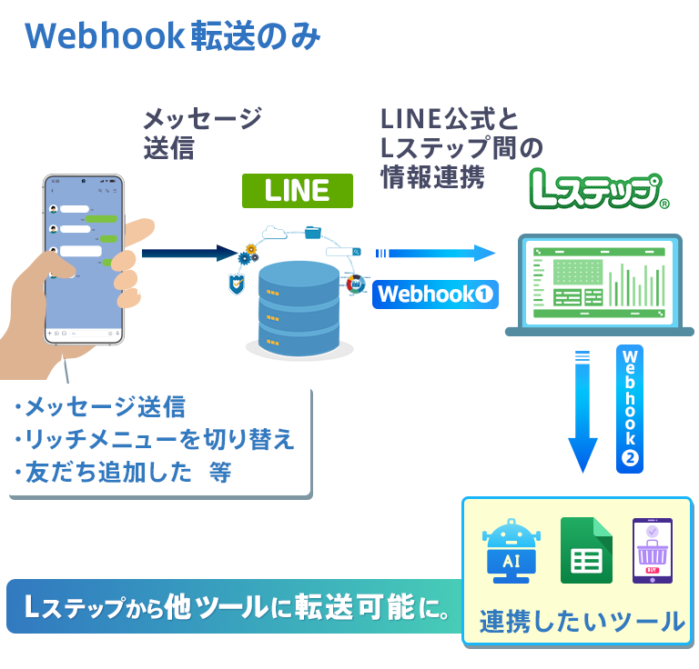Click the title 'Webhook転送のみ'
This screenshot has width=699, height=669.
tap(173, 36)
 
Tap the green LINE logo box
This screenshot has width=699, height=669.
tap(297, 190)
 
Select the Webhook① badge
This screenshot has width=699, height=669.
tap(435, 295)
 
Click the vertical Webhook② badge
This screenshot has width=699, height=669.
tap(630, 408)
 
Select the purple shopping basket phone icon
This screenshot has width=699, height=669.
tap(652, 551)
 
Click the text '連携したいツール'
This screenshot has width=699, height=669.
tap(582, 622)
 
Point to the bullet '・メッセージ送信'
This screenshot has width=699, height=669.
tap(100, 407)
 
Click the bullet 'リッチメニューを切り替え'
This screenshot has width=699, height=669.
tap(155, 440)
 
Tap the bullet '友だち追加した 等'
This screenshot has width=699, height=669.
tap(123, 473)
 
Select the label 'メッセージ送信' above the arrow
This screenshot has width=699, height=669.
tap(202, 132)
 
